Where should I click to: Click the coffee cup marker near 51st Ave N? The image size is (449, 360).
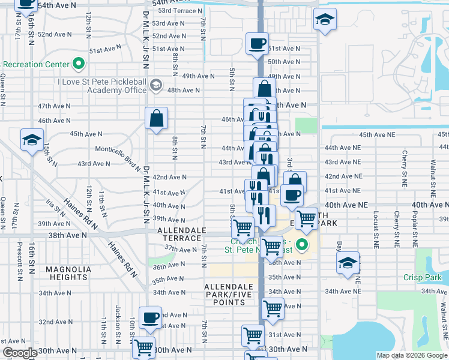pos(257,44)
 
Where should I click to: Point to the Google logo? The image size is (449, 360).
pos(19,353)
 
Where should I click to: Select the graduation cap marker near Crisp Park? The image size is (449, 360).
pos(348,263)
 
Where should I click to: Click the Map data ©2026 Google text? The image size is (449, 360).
pos(411,355)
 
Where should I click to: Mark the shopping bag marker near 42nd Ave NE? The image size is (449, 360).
pos(295,181)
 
